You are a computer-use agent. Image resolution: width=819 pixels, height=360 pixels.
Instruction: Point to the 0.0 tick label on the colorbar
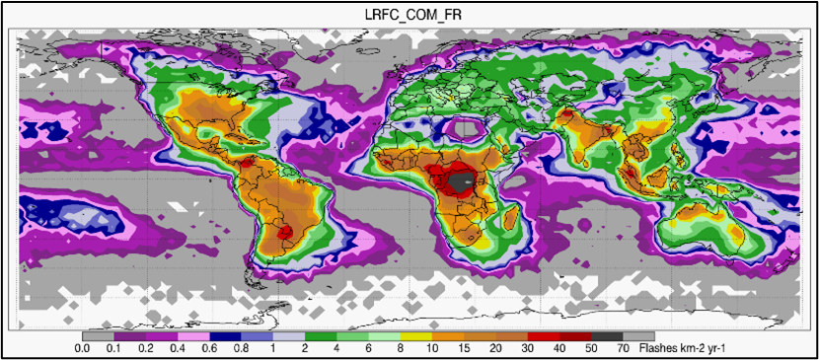coord(83,348)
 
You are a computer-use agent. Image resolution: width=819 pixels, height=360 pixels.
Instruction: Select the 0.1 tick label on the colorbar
coord(113,348)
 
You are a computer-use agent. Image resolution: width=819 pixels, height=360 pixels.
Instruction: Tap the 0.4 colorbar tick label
coord(178,348)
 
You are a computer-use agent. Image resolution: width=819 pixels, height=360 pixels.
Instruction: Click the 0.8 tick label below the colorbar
coord(242,348)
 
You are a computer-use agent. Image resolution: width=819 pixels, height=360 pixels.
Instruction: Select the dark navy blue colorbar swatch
coord(226,336)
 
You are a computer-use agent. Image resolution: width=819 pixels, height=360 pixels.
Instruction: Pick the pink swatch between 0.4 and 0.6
coord(193,336)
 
